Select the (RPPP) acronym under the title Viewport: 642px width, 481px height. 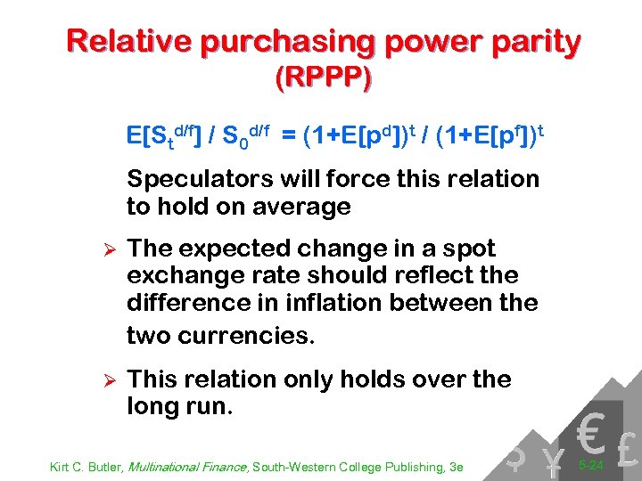point(323,78)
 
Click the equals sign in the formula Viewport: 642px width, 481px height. point(290,137)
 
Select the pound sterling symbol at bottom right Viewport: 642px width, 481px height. point(626,453)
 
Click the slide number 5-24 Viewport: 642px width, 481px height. point(589,465)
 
